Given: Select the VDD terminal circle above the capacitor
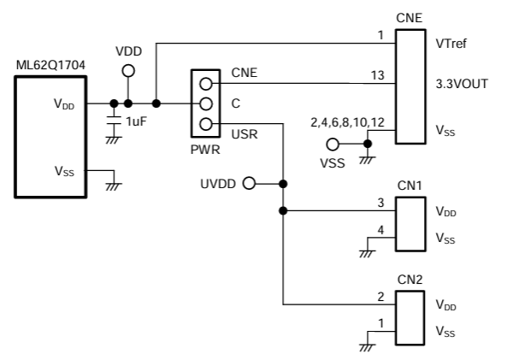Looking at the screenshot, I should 127,72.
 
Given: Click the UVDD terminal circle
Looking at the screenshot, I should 250,183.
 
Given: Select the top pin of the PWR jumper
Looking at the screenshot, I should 205,84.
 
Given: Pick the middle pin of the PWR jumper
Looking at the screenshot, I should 205,104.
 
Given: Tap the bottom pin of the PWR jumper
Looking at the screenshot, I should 205,125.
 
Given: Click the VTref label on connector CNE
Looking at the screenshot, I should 452,41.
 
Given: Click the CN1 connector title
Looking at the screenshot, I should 410,186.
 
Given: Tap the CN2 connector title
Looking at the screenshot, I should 410,279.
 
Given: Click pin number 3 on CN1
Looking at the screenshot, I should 380,203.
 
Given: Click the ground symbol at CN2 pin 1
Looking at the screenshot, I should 368,345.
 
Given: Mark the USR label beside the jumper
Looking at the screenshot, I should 244,134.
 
